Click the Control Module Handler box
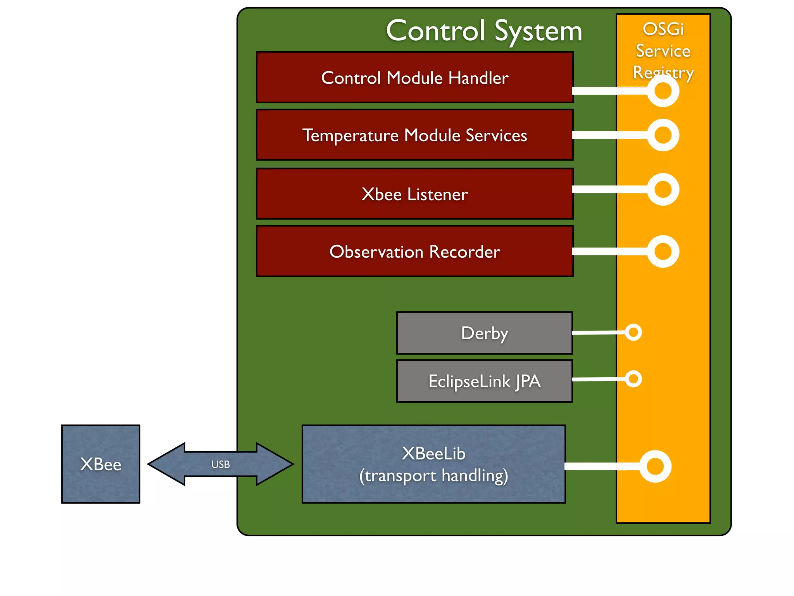414,78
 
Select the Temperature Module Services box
414,135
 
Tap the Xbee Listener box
414,194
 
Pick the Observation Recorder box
414,251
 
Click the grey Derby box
484,333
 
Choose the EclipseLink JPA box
484,381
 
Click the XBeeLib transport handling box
433,464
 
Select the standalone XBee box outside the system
101,464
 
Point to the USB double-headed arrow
220,464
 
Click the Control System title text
484,31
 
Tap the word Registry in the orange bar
663,72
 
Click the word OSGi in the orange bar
663,29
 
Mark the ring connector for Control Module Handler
663,91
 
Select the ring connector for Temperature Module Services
663,135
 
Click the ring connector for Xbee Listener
663,189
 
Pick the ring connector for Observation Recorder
663,251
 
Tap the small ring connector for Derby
633,332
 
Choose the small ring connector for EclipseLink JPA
633,379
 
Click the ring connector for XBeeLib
655,466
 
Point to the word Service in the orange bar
663,51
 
